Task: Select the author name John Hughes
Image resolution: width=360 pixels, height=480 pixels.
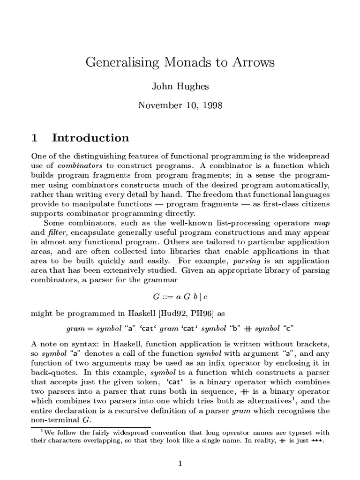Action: [180, 86]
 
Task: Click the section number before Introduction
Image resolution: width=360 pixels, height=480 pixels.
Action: [34, 138]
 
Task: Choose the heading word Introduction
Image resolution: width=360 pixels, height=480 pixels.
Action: [90, 138]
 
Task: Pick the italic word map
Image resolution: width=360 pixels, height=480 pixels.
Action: [322, 223]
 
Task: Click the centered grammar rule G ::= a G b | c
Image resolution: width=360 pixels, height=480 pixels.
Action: [180, 296]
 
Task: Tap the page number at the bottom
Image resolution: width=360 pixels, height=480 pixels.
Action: [180, 464]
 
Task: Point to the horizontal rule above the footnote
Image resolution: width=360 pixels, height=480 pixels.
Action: [89, 427]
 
